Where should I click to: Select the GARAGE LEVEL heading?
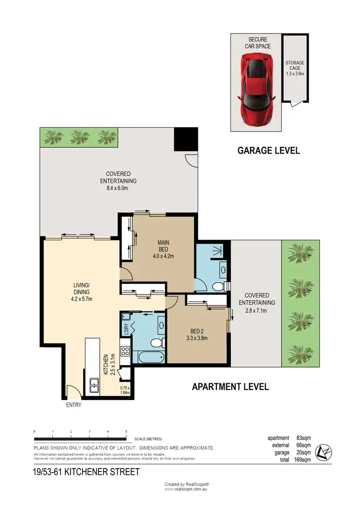coord(269,151)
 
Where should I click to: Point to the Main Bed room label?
coord(163,249)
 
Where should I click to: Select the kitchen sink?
coord(94,385)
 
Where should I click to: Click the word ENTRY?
coord(73,405)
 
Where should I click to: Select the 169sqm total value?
coord(302,460)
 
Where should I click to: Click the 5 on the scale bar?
coord(126,431)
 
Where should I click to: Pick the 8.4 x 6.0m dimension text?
coord(118,188)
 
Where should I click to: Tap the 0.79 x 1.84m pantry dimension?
coord(125,391)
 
